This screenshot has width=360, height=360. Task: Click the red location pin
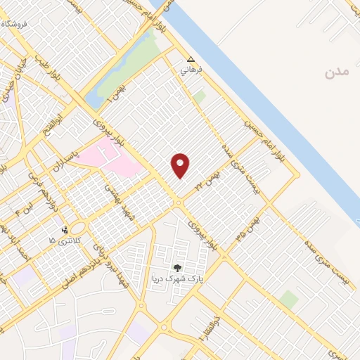tap(181, 165)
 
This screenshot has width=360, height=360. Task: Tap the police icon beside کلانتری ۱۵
tap(65, 229)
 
